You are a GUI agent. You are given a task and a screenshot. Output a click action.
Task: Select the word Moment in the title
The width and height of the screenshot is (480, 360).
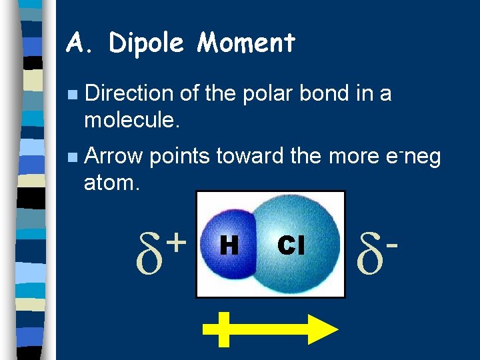(246, 44)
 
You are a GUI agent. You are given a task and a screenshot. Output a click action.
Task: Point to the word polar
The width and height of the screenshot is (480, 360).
(255, 95)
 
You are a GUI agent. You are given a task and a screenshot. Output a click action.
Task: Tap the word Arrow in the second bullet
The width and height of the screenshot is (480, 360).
(114, 157)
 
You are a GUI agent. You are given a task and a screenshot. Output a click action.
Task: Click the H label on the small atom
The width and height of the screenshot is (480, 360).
(229, 246)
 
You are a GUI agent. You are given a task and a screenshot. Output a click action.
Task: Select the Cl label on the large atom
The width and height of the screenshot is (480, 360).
(292, 246)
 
